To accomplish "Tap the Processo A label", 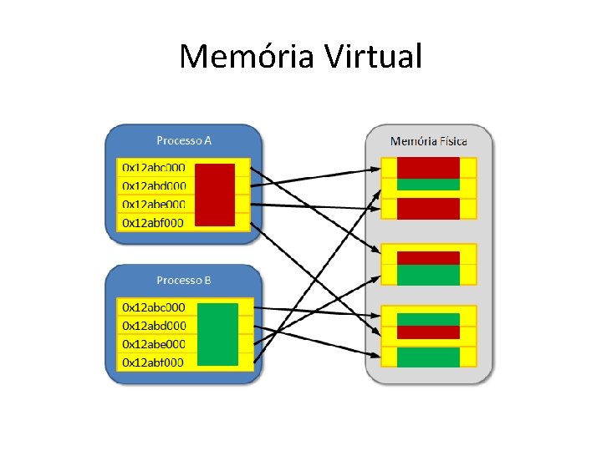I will [x=184, y=140].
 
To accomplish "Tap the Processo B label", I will [x=184, y=280].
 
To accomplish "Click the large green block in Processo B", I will [x=217, y=335].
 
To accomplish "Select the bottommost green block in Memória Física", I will [x=428, y=357].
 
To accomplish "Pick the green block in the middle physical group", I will [x=428, y=275].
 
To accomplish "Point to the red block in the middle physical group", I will [x=428, y=257].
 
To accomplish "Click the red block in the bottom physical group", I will [x=428, y=332].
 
